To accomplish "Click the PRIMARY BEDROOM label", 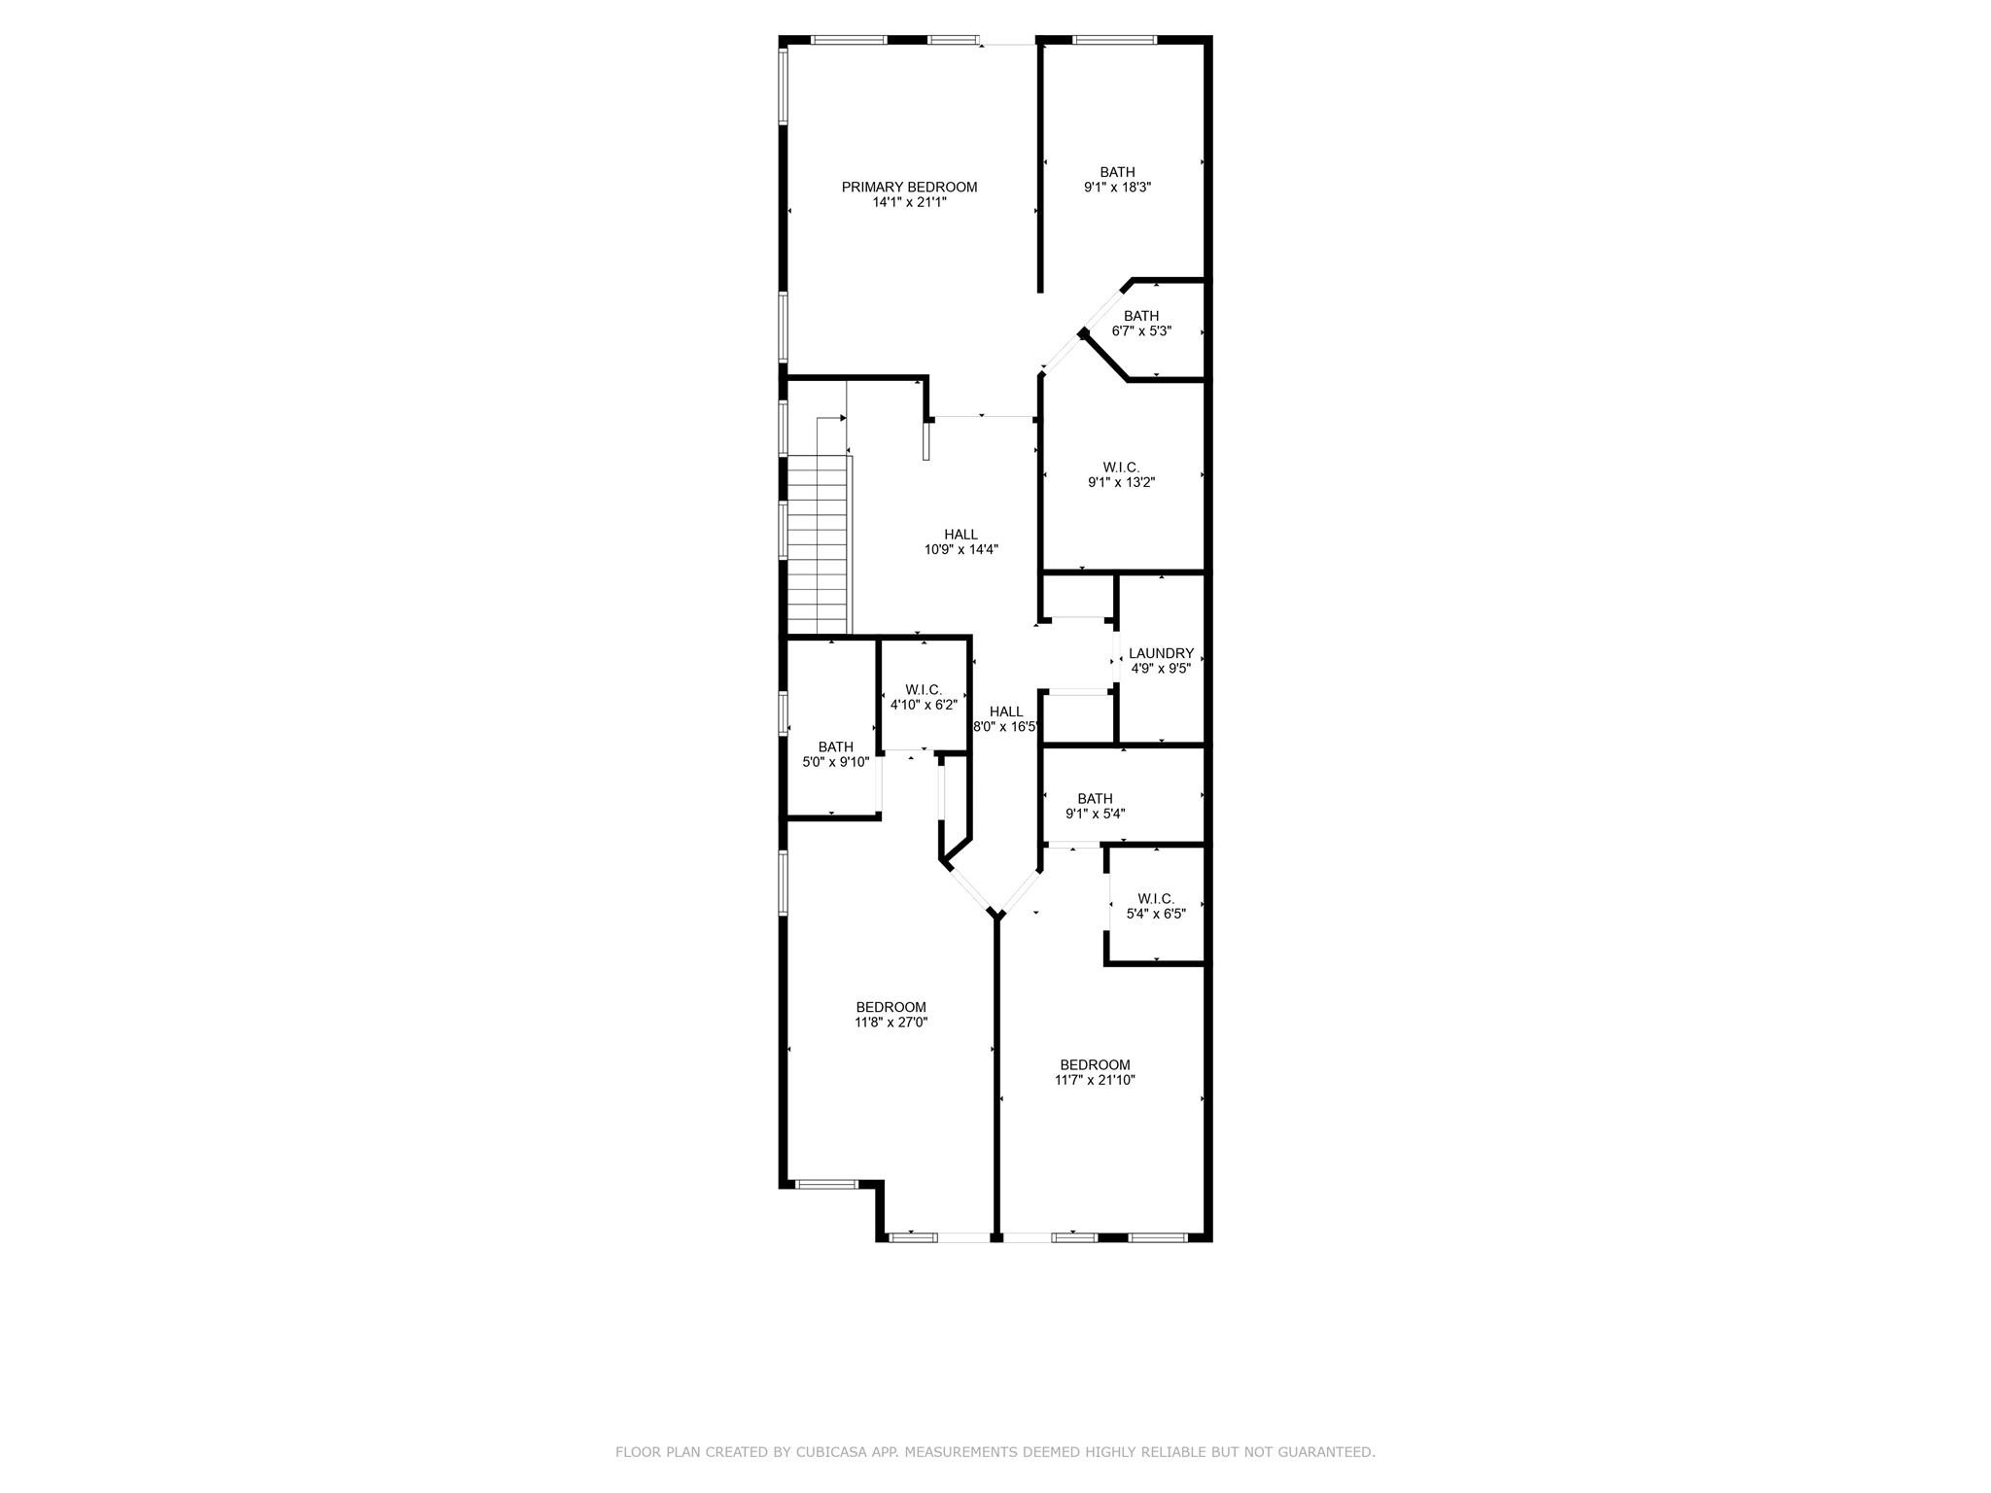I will tap(909, 188).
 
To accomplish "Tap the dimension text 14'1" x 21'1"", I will tap(909, 203).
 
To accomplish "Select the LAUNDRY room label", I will tap(1161, 653).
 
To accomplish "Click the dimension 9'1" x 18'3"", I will tap(1117, 188).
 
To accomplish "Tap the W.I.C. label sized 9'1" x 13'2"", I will tap(1121, 467).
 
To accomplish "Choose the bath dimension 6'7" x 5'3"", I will tap(1141, 330).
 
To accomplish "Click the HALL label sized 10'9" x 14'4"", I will tap(961, 535).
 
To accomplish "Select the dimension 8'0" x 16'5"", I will tap(1006, 726).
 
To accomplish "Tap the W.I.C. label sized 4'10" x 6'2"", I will tap(924, 690).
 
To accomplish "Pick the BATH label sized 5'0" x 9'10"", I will tap(835, 747).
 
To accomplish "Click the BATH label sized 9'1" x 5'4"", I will tap(1095, 799).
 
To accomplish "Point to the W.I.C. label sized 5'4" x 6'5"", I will tap(1156, 899).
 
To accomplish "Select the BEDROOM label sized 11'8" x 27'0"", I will tap(891, 1007).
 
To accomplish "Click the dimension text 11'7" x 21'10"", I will tap(1095, 1080).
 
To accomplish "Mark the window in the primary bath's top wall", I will tap(1114, 41).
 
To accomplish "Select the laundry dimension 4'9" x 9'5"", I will tap(1161, 669).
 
